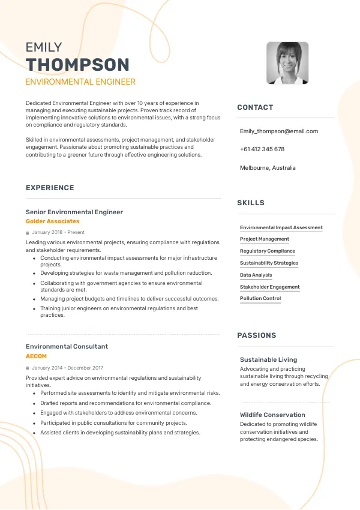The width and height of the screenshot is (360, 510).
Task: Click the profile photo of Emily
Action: coord(287,63)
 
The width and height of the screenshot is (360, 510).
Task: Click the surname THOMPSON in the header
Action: coord(77,65)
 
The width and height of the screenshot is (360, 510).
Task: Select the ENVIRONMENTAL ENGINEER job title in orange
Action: coord(80,82)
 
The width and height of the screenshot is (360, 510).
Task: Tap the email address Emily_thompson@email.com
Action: coord(279,131)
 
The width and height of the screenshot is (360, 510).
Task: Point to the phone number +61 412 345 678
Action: coord(262,149)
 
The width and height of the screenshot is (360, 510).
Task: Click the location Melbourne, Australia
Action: coord(268,168)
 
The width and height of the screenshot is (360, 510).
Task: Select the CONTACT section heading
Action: coord(255,107)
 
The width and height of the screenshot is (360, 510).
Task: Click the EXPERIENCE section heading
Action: coord(50,188)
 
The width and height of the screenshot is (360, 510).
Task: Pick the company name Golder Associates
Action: coord(52,221)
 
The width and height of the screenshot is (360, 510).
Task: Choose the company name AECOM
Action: coord(36,356)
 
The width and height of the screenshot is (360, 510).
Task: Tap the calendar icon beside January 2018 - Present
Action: coord(28,232)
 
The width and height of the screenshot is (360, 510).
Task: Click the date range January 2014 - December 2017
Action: coord(68,368)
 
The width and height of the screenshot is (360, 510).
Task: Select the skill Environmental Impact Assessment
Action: coord(281,227)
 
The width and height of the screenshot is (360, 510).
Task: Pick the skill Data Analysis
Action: coord(256,275)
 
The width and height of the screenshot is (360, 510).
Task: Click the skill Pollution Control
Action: coord(260,298)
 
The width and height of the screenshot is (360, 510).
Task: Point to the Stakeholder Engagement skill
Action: coord(270,287)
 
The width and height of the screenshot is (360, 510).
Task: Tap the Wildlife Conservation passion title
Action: coord(272,415)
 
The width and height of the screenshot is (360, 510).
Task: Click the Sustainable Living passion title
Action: coord(268,359)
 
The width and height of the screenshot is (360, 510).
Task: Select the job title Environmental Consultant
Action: coord(67,346)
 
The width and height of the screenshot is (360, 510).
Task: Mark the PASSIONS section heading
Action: coord(257,335)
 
